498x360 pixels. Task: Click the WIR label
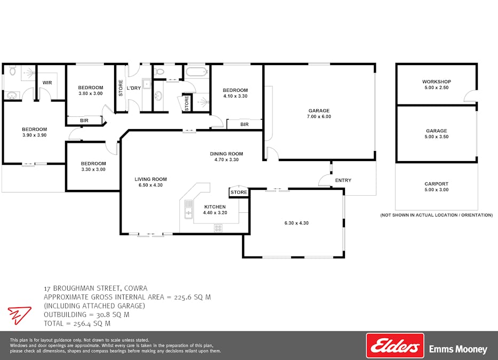pyautogui.click(x=47, y=83)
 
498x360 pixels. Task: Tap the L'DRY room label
pyautogui.click(x=134, y=88)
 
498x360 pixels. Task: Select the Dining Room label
pyautogui.click(x=227, y=154)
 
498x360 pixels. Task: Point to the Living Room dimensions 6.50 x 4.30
pyautogui.click(x=150, y=185)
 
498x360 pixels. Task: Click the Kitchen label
pyautogui.click(x=215, y=207)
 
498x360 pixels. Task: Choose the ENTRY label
pyautogui.click(x=343, y=180)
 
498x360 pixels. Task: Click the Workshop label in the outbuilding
pyautogui.click(x=437, y=82)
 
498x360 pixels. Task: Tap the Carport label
pyautogui.click(x=436, y=184)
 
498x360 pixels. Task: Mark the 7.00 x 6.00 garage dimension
pyautogui.click(x=319, y=117)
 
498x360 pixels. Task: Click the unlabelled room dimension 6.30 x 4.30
pyautogui.click(x=296, y=223)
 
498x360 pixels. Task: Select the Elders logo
pyautogui.click(x=395, y=346)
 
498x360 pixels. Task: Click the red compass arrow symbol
pyautogui.click(x=19, y=315)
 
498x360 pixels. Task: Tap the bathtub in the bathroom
pyautogui.click(x=197, y=71)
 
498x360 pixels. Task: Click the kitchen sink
pyautogui.click(x=189, y=209)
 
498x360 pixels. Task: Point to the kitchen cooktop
pyautogui.click(x=218, y=228)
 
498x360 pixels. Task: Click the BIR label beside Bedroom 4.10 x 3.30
pyautogui.click(x=245, y=124)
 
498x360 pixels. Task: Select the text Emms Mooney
pyautogui.click(x=458, y=349)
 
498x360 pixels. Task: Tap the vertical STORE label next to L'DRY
pyautogui.click(x=121, y=88)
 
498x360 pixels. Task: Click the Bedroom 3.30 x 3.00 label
pyautogui.click(x=93, y=166)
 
